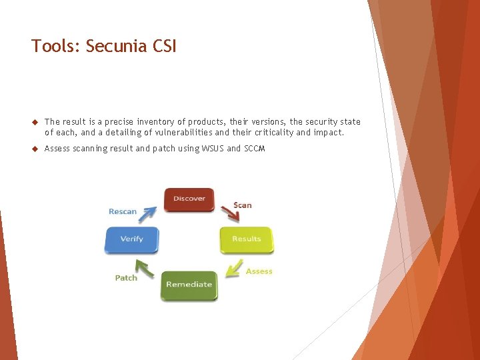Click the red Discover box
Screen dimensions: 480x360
(x=189, y=199)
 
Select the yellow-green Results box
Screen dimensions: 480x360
(x=247, y=239)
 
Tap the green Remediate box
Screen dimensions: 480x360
(x=189, y=285)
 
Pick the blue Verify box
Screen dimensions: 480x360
(x=132, y=239)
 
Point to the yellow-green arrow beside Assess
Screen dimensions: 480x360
(x=233, y=267)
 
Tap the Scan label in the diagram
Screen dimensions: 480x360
(x=243, y=205)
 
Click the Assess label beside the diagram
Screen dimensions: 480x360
(x=259, y=271)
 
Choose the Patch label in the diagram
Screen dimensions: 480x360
(x=126, y=278)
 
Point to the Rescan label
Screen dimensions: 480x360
(x=123, y=212)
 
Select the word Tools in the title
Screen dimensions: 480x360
(x=54, y=46)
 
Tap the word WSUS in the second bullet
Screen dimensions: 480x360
(x=211, y=149)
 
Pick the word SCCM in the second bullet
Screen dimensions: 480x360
(x=254, y=149)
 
